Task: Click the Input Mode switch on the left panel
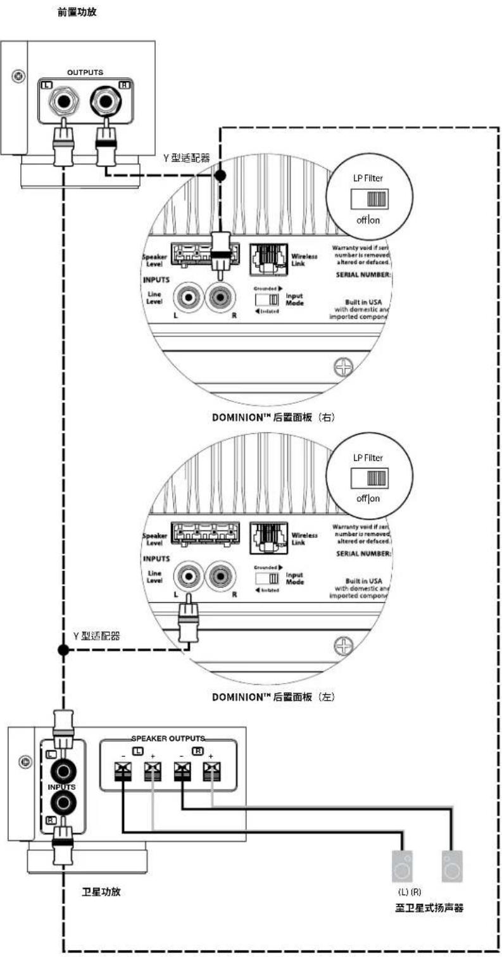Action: click(265, 579)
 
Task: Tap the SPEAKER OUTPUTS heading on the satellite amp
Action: click(169, 738)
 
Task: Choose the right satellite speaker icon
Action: click(452, 866)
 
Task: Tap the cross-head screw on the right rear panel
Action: click(343, 367)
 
